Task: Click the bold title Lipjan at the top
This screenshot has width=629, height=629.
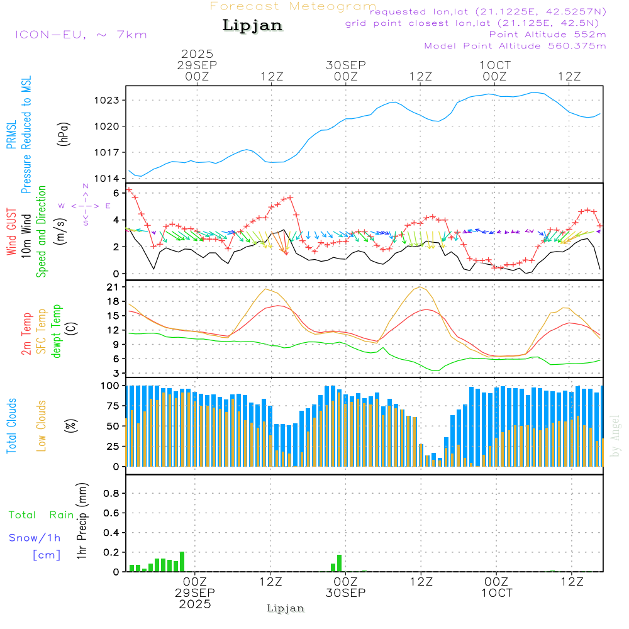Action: [252, 26]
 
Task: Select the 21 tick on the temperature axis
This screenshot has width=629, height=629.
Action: [114, 287]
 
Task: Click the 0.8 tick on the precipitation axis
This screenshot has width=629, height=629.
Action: [111, 494]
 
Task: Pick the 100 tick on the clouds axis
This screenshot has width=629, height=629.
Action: [110, 386]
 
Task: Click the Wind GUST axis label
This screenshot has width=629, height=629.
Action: [11, 233]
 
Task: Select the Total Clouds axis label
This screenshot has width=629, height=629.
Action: [11, 426]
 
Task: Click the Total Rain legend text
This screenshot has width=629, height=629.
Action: [42, 515]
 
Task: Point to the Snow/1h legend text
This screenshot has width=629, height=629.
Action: [35, 538]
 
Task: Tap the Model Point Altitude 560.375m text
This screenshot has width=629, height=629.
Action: [515, 46]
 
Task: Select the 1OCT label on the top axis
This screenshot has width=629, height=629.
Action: [495, 65]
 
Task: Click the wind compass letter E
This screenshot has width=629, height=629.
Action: [108, 206]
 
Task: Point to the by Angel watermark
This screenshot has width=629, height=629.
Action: [615, 437]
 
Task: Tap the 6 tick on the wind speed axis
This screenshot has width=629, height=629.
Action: [115, 192]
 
